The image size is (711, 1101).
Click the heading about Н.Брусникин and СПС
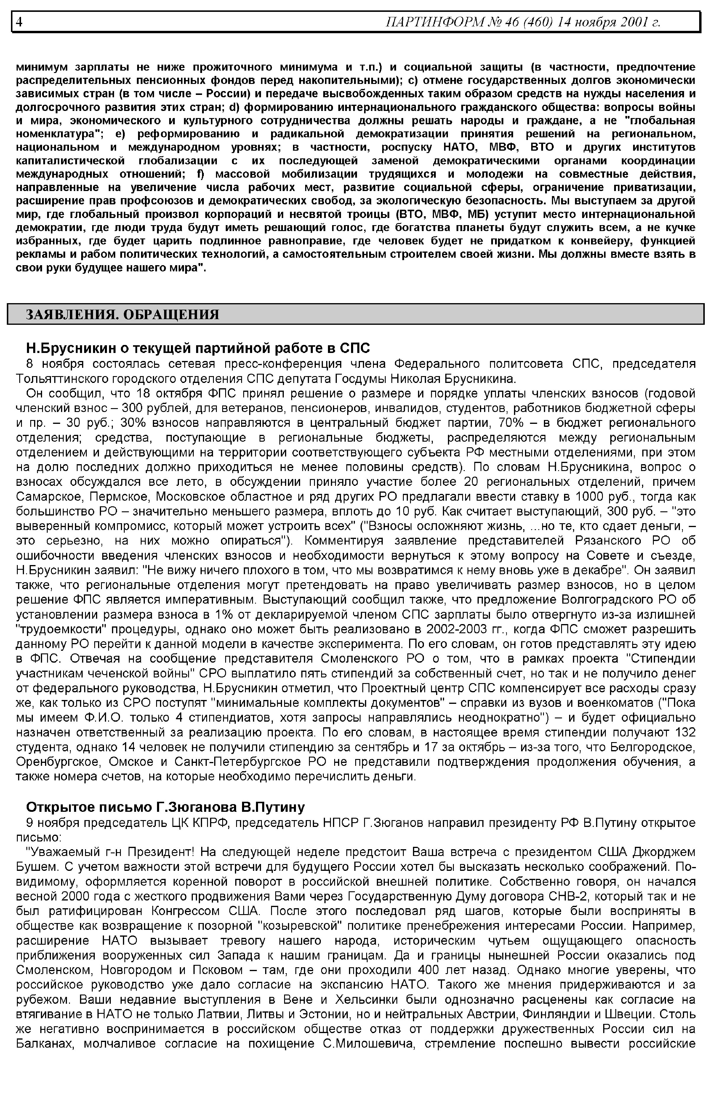click(198, 348)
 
